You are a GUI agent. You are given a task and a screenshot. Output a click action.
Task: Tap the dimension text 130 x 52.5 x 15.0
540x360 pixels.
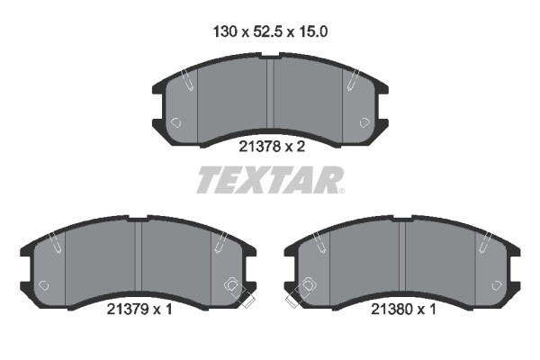(270, 32)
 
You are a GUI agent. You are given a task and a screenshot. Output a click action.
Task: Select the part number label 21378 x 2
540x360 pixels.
(272, 147)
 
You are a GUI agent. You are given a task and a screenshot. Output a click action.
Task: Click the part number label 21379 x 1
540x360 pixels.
(139, 310)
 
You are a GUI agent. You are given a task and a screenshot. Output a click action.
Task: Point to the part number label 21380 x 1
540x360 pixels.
(403, 310)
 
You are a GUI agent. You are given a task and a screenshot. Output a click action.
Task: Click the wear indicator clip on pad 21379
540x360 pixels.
(238, 292)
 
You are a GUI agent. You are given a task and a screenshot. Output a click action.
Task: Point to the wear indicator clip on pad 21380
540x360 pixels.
(301, 292)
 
